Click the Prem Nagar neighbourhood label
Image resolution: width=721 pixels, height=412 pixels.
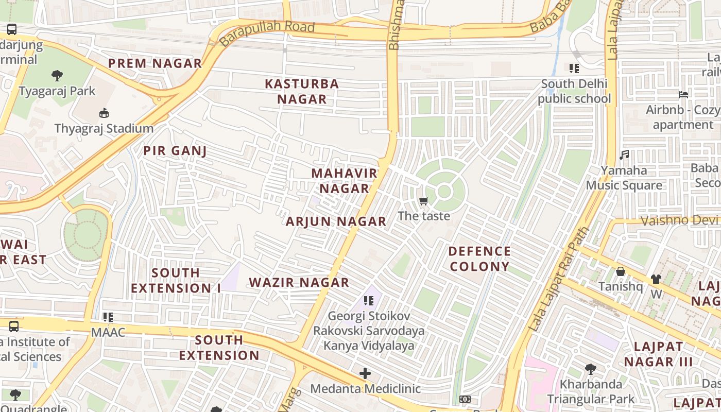[x=154, y=63]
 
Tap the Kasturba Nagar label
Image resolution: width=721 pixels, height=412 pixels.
[x=302, y=91]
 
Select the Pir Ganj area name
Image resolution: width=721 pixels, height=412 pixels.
[x=175, y=151]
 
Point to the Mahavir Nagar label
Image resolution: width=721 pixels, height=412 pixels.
[x=345, y=181]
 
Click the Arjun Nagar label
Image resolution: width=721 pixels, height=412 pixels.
[x=336, y=221]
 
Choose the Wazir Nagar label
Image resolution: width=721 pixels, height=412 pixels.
[x=299, y=282]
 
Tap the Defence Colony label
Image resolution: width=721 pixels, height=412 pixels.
[x=479, y=259]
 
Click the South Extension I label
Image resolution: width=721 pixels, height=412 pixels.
[x=176, y=280]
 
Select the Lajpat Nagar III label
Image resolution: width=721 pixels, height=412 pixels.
[x=659, y=354]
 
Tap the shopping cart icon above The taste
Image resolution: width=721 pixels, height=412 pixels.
[x=424, y=201]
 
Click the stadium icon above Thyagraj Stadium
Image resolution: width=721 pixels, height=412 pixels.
[x=104, y=113]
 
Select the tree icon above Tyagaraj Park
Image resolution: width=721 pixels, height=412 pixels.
[x=57, y=76]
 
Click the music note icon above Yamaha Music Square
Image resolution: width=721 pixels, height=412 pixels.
[x=624, y=154]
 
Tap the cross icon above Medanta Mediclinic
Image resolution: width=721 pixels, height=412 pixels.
[x=365, y=373]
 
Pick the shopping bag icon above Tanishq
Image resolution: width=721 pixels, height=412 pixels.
[x=621, y=271]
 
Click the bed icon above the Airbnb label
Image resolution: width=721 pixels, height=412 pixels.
[x=683, y=95]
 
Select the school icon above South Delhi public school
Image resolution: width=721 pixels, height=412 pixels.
[x=574, y=68]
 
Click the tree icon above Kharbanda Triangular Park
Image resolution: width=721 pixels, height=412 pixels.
[x=591, y=369]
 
